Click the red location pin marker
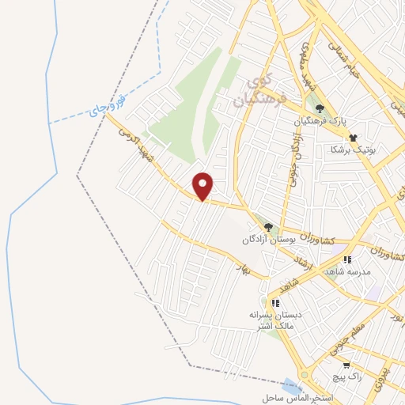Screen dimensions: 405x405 (203, 186)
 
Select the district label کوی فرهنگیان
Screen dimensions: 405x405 (258, 90)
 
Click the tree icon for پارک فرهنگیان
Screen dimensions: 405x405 (320, 109)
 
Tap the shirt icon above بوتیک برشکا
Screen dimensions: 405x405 (352, 136)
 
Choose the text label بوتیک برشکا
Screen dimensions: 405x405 (353, 149)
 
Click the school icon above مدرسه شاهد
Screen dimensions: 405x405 (346, 259)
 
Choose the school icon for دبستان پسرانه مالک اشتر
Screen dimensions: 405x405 (275, 302)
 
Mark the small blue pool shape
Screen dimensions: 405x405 (291, 388)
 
